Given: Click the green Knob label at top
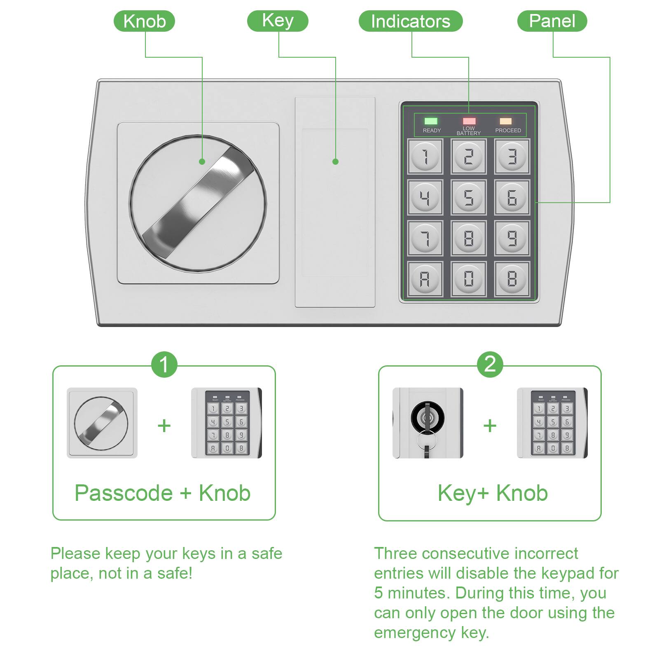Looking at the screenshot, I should point(144,21).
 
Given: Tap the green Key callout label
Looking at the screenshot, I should point(278,21).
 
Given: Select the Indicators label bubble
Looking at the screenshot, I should point(410,21).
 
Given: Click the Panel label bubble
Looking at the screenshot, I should point(552,21).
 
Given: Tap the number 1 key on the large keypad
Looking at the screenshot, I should point(425,157).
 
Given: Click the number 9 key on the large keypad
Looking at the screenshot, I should point(512,238).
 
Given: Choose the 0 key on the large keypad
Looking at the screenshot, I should point(468,279).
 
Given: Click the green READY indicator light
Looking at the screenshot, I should point(431,121).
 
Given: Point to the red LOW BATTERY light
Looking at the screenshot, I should point(469,121).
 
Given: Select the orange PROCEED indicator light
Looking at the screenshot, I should point(505,121).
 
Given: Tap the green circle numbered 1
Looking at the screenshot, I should point(164,365).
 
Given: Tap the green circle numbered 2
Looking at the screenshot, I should point(490,364).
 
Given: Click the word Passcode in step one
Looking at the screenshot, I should point(123,493).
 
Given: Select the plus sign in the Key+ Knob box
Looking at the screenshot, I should point(490,425).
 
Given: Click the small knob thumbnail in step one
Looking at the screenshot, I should point(102,423).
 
